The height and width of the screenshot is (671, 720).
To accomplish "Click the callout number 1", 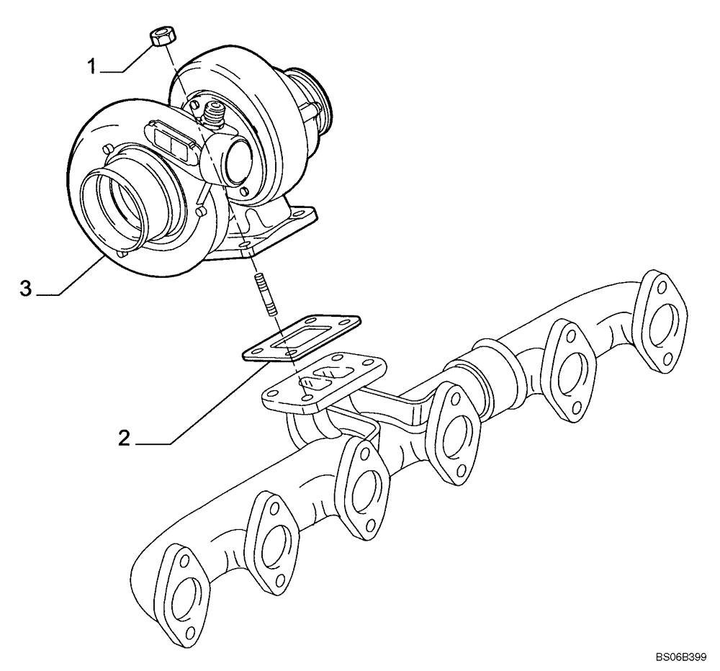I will click(92, 67).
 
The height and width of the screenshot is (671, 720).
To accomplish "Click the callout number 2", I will click(124, 438).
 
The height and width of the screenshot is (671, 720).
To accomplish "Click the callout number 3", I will click(26, 289).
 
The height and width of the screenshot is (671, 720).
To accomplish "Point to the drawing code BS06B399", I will click(680, 657).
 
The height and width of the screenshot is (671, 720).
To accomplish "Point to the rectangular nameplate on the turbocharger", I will click(171, 140).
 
